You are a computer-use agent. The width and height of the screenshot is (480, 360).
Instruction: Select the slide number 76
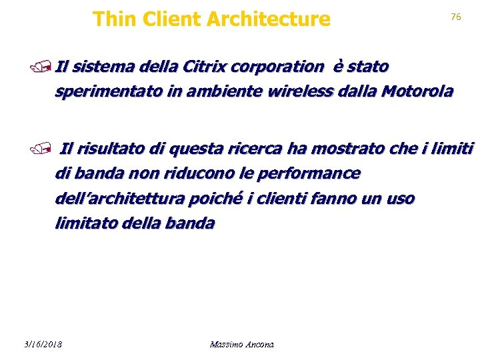456,17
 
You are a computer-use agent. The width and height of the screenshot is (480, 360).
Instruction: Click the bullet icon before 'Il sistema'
47,67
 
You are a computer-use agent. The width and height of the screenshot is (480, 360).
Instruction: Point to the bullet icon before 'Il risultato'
47,149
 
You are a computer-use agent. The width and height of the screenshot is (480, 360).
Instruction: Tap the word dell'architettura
123,199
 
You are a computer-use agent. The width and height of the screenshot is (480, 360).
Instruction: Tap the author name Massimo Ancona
241,345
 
